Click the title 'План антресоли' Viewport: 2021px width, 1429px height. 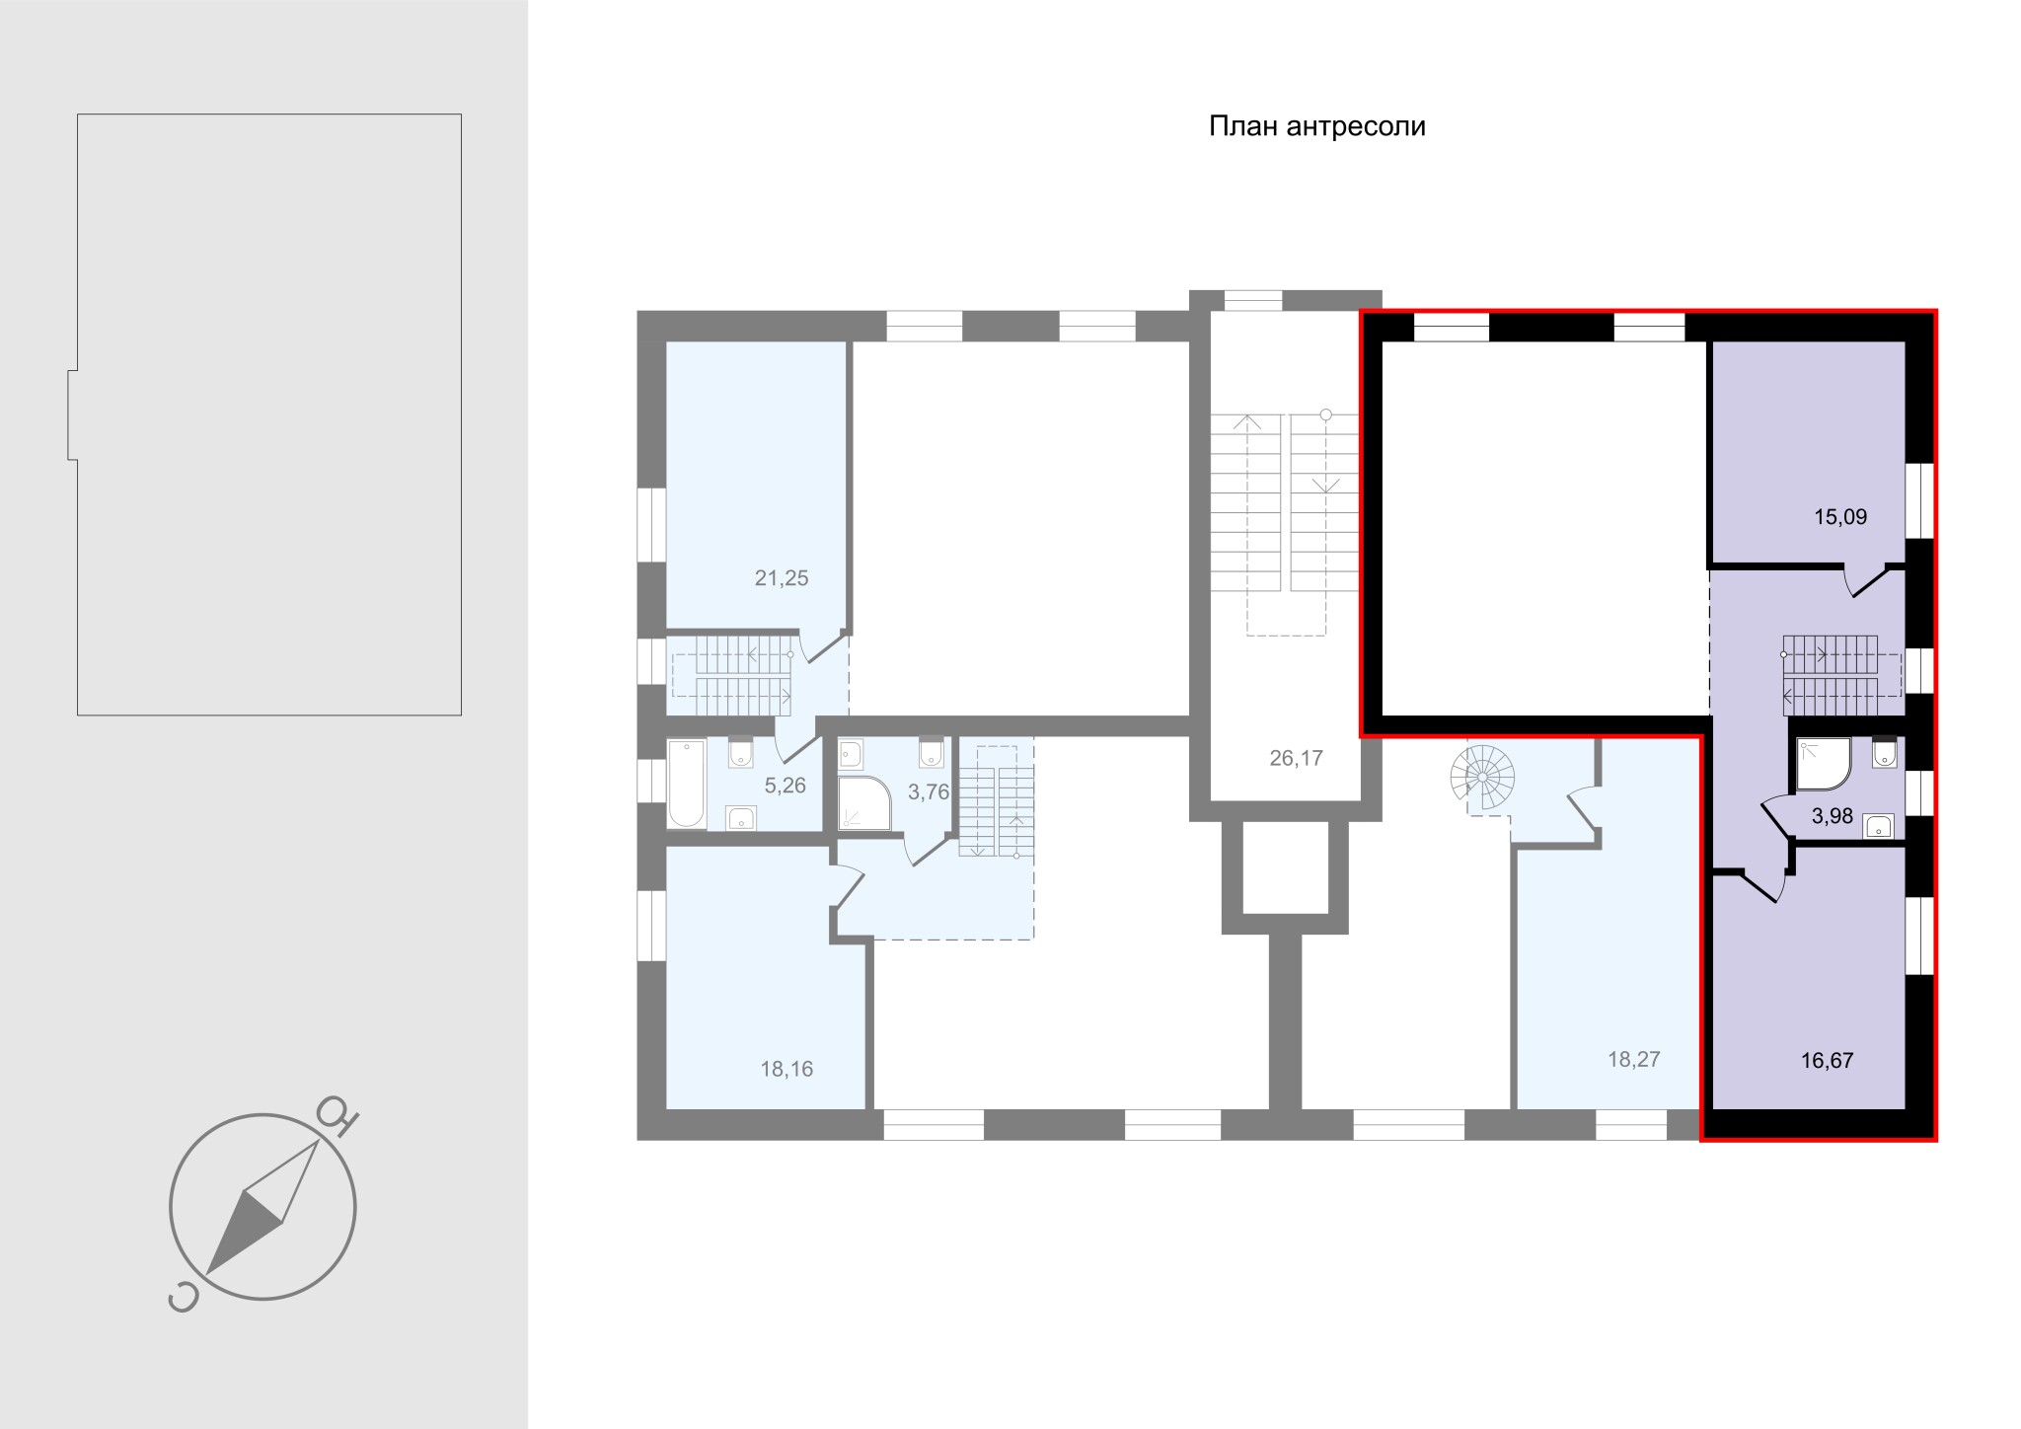click(1317, 127)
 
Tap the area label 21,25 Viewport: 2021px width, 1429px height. click(782, 578)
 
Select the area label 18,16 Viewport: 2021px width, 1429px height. click(786, 1069)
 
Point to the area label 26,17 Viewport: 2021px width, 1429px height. click(1296, 758)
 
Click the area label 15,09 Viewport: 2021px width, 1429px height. click(1840, 516)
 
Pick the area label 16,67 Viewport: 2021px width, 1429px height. click(1827, 1061)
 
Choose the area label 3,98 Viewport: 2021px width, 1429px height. click(1833, 816)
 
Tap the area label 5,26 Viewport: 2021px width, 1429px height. click(786, 786)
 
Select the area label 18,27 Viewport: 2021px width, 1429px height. click(1634, 1059)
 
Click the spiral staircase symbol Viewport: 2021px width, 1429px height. click(1482, 777)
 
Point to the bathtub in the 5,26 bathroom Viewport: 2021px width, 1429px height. click(687, 785)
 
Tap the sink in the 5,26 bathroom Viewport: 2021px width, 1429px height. click(740, 818)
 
